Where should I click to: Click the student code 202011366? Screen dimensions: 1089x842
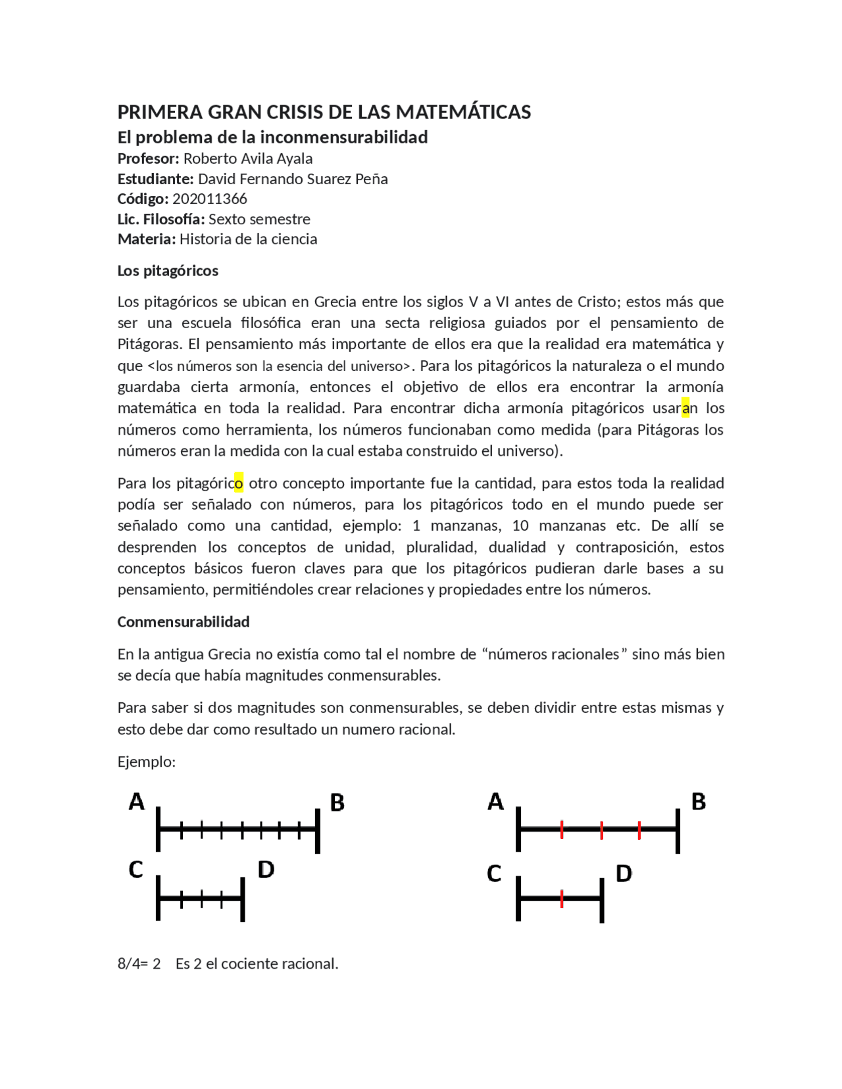209,199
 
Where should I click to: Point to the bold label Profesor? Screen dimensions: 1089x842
148,158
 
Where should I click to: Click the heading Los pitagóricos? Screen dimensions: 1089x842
168,271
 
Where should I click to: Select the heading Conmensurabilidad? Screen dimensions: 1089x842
184,622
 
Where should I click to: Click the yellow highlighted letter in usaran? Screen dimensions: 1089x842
685,408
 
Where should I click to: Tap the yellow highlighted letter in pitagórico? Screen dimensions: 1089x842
238,483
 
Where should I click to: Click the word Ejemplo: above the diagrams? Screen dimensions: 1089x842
146,762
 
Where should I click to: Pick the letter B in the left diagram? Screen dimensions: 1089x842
337,803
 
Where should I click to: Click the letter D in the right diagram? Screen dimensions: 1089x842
624,874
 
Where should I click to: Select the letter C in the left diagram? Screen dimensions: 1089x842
136,870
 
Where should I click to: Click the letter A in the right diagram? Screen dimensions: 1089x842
495,802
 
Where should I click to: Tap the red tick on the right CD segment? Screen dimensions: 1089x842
561,899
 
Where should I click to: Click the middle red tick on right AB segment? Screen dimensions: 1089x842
601,830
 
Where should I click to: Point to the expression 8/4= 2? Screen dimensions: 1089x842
139,964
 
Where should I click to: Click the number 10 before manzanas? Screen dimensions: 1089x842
520,526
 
